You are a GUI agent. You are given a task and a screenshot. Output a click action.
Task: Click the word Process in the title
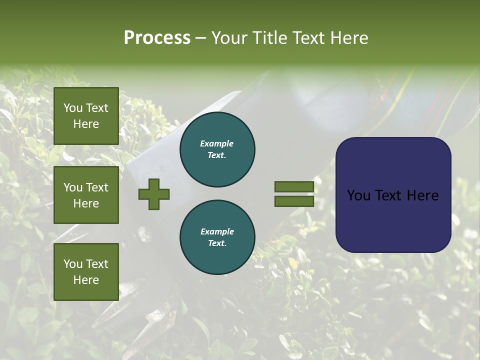[157, 38]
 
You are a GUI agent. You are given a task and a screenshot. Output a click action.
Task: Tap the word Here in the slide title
[348, 38]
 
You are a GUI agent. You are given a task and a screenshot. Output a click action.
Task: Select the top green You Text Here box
[86, 116]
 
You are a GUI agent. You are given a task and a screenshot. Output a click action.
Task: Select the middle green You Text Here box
[86, 195]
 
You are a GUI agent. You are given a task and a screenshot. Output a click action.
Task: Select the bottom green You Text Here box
[86, 271]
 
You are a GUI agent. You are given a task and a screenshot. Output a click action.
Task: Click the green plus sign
[154, 194]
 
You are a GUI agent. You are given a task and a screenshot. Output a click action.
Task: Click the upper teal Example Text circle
[217, 149]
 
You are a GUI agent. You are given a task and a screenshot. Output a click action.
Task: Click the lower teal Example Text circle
[217, 237]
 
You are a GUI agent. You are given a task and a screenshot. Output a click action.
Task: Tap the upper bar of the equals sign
[294, 186]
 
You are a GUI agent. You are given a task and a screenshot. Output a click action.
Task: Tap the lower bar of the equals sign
[294, 201]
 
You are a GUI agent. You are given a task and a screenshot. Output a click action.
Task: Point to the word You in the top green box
[73, 108]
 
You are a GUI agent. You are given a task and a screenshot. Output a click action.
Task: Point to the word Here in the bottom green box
[86, 280]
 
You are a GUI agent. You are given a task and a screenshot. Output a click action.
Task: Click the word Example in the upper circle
[217, 143]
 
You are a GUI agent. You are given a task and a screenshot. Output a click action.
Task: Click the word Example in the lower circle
[217, 231]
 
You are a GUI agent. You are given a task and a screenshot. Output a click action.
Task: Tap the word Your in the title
[230, 38]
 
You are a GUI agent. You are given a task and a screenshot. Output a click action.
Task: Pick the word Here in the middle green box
[86, 203]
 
